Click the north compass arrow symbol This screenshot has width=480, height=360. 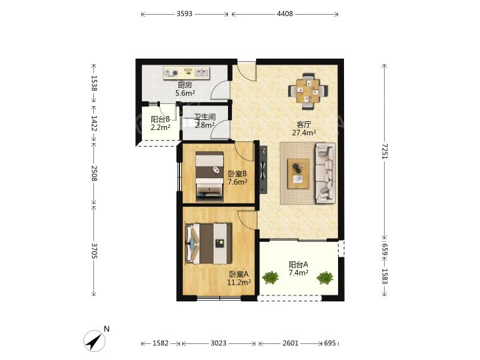pos(95,341)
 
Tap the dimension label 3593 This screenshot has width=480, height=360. pos(185,14)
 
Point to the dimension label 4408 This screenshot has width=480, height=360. pos(285,14)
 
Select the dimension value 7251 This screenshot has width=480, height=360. pos(385,151)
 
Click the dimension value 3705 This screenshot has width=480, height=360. pos(94,251)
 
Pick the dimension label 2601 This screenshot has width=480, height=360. pos(290,343)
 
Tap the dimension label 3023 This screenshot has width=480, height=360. pos(219,343)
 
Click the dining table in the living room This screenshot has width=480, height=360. pos(308,91)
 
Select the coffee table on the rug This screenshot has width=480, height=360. pos(298,173)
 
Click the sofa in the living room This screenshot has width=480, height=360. pos(325,173)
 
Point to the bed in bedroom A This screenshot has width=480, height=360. pos(208,244)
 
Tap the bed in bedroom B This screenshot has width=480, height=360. pos(210,176)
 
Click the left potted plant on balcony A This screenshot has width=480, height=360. pos(271,277)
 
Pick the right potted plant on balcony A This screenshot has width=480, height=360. pos(325,277)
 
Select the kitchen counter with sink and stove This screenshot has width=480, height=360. pos(186,73)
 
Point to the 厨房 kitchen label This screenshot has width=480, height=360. pos(185,85)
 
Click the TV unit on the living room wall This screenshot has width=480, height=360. pos(263,169)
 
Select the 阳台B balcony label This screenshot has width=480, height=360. pos(160,119)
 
